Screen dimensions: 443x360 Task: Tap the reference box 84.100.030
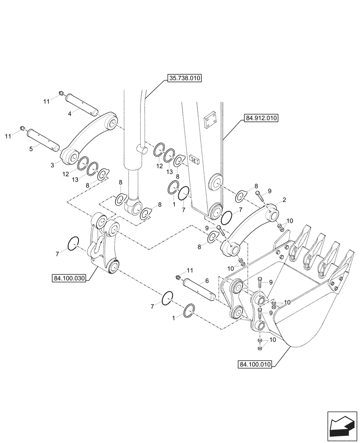(x=69, y=278)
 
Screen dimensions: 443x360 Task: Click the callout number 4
(x=70, y=113)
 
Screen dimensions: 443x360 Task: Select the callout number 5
(x=31, y=149)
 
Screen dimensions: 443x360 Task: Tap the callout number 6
(x=207, y=280)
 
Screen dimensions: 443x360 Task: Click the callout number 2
(x=284, y=200)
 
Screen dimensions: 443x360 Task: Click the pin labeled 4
(x=82, y=103)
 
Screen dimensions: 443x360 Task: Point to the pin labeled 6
(x=199, y=288)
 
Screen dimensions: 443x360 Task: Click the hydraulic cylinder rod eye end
(x=133, y=206)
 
